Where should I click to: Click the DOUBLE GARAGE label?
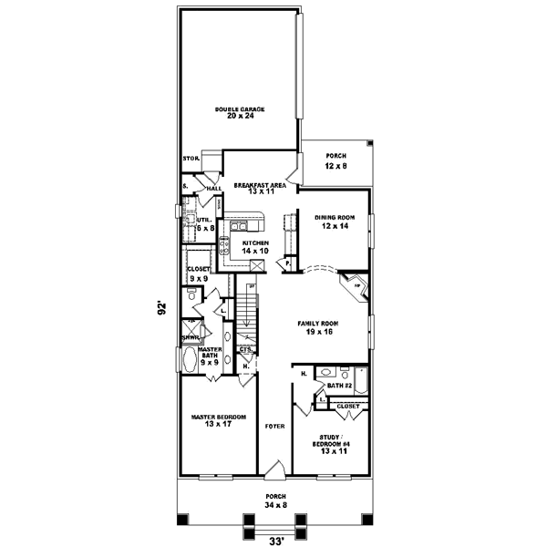click(x=240, y=112)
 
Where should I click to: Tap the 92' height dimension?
click(x=160, y=309)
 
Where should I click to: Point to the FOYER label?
click(x=274, y=426)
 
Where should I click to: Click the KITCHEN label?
click(x=254, y=246)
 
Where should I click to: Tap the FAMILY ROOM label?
click(x=317, y=327)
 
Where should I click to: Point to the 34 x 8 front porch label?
click(x=274, y=500)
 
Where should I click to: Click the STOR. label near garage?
click(x=191, y=158)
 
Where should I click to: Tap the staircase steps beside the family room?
click(x=252, y=309)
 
